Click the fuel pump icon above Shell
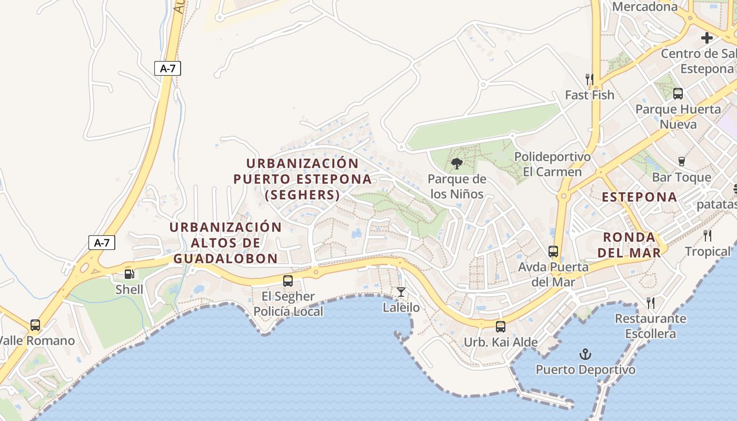click(129, 274)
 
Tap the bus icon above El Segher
click(288, 280)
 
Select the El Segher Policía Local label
click(288, 304)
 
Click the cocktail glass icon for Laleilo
click(401, 292)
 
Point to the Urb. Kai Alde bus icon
click(501, 326)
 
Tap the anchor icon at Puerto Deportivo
click(585, 354)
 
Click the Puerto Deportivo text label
click(585, 370)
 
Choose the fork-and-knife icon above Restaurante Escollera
click(651, 303)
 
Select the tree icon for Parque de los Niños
click(456, 163)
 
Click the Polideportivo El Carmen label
click(552, 164)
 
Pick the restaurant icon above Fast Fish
click(590, 79)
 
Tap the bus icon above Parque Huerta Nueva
click(678, 94)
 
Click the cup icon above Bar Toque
click(682, 161)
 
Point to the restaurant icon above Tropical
click(708, 235)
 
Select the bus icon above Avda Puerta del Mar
click(553, 251)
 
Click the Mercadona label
click(645, 7)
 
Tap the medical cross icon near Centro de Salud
click(707, 38)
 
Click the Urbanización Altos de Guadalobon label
click(225, 243)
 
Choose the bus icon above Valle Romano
click(35, 325)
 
